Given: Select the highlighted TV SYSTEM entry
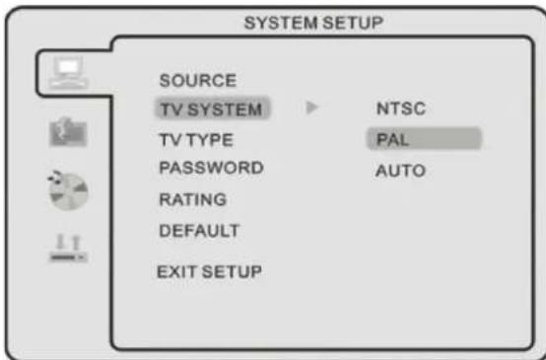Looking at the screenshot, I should [x=211, y=108].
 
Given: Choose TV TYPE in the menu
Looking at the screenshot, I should [x=196, y=140].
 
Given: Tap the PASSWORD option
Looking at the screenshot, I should [x=211, y=168].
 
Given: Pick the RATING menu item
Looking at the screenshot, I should [x=193, y=199].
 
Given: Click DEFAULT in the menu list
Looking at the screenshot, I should [x=199, y=231].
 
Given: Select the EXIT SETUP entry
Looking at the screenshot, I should [x=209, y=271].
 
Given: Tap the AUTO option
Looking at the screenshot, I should [x=400, y=171].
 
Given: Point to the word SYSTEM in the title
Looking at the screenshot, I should [x=272, y=22].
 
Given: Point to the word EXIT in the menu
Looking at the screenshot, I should [x=175, y=271].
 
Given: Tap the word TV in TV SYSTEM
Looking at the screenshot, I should [x=170, y=108].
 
